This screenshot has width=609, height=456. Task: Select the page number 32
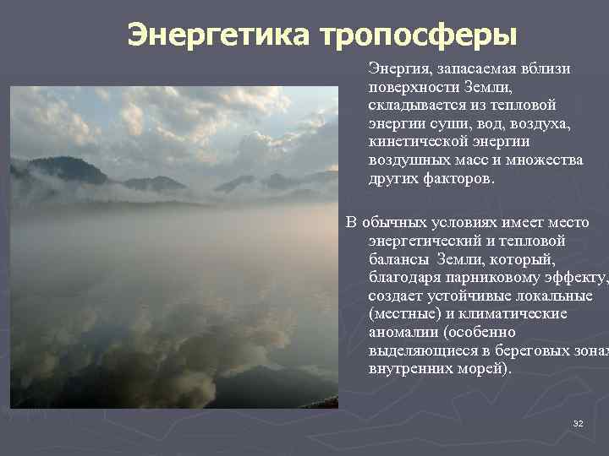click(579, 422)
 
